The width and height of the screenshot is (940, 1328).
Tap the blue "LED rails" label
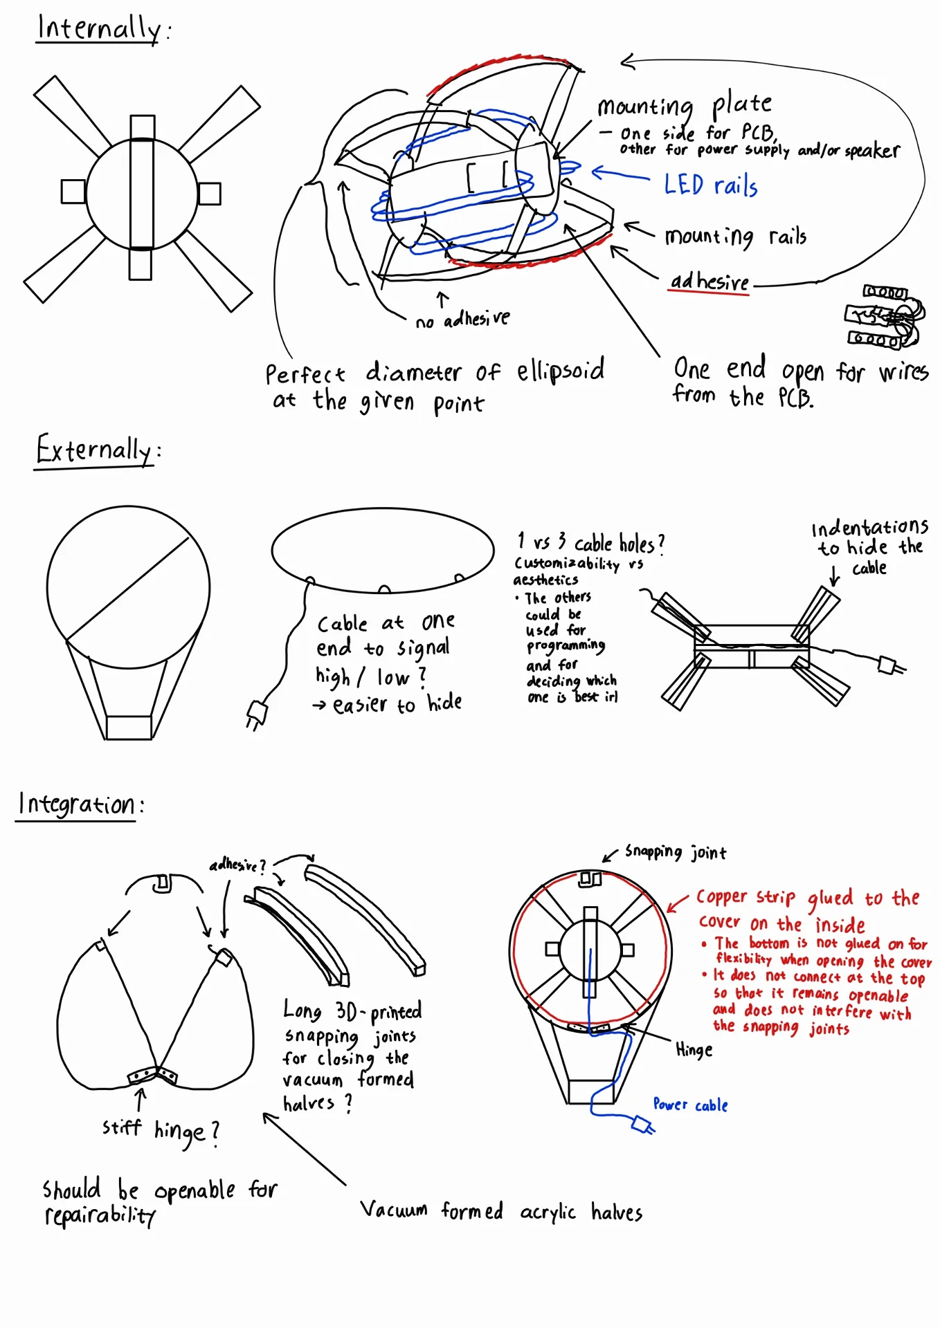(710, 185)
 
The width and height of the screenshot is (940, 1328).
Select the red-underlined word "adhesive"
(709, 282)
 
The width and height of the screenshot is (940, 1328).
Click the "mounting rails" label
(735, 237)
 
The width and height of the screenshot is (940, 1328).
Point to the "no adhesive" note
(462, 320)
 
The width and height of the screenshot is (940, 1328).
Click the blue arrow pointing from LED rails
(620, 174)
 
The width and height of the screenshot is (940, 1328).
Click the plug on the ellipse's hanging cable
(256, 714)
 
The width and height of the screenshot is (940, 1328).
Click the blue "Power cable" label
(690, 1105)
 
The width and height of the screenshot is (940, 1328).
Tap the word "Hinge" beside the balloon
(694, 1050)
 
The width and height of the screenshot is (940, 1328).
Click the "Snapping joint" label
(676, 852)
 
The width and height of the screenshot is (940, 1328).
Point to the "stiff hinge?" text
(161, 1130)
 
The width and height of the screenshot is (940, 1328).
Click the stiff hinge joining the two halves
(154, 1075)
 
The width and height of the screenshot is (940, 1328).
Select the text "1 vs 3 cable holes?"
(590, 543)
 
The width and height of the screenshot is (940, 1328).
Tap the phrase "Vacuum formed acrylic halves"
(501, 1211)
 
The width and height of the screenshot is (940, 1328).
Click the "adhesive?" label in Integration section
(237, 865)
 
